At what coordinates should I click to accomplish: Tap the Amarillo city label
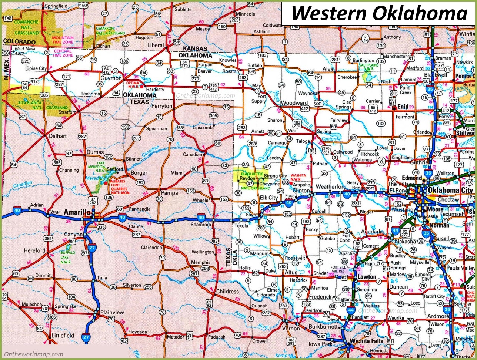(x=77, y=212)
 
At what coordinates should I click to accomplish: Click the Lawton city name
(x=366, y=277)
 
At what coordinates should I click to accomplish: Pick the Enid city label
(x=403, y=107)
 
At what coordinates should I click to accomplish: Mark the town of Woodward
(x=294, y=103)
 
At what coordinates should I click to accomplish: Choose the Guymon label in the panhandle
(x=111, y=78)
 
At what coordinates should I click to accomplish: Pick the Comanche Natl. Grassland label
(x=27, y=24)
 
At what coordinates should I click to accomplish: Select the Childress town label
(x=228, y=292)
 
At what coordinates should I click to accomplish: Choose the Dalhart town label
(x=58, y=136)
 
